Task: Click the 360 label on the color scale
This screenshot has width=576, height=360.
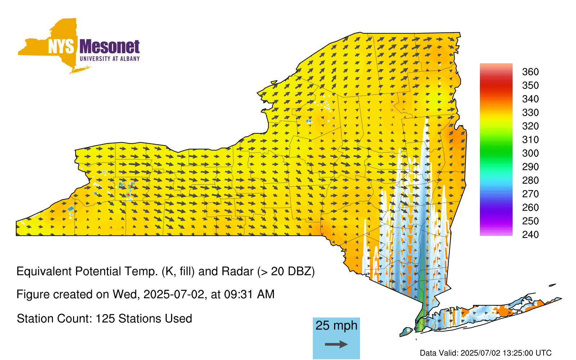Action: tap(530, 72)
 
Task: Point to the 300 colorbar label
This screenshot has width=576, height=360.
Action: tap(530, 153)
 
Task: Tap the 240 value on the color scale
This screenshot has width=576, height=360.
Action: tap(530, 234)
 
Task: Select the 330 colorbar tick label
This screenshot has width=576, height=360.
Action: tap(530, 113)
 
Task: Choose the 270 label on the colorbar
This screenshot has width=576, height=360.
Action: tap(530, 194)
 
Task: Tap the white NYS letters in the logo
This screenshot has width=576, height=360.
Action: tap(61, 46)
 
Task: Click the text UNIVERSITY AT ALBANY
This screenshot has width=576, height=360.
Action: tap(110, 59)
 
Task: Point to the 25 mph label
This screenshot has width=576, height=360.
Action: tap(336, 326)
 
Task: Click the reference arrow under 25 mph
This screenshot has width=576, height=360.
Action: tap(336, 344)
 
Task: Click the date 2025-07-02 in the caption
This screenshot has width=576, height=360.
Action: tap(174, 294)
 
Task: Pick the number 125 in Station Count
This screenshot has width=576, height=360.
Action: tap(104, 319)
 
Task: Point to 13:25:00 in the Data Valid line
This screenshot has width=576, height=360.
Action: tap(514, 353)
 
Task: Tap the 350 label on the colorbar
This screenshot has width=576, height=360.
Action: tap(530, 85)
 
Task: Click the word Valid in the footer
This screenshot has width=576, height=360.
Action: tap(449, 353)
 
